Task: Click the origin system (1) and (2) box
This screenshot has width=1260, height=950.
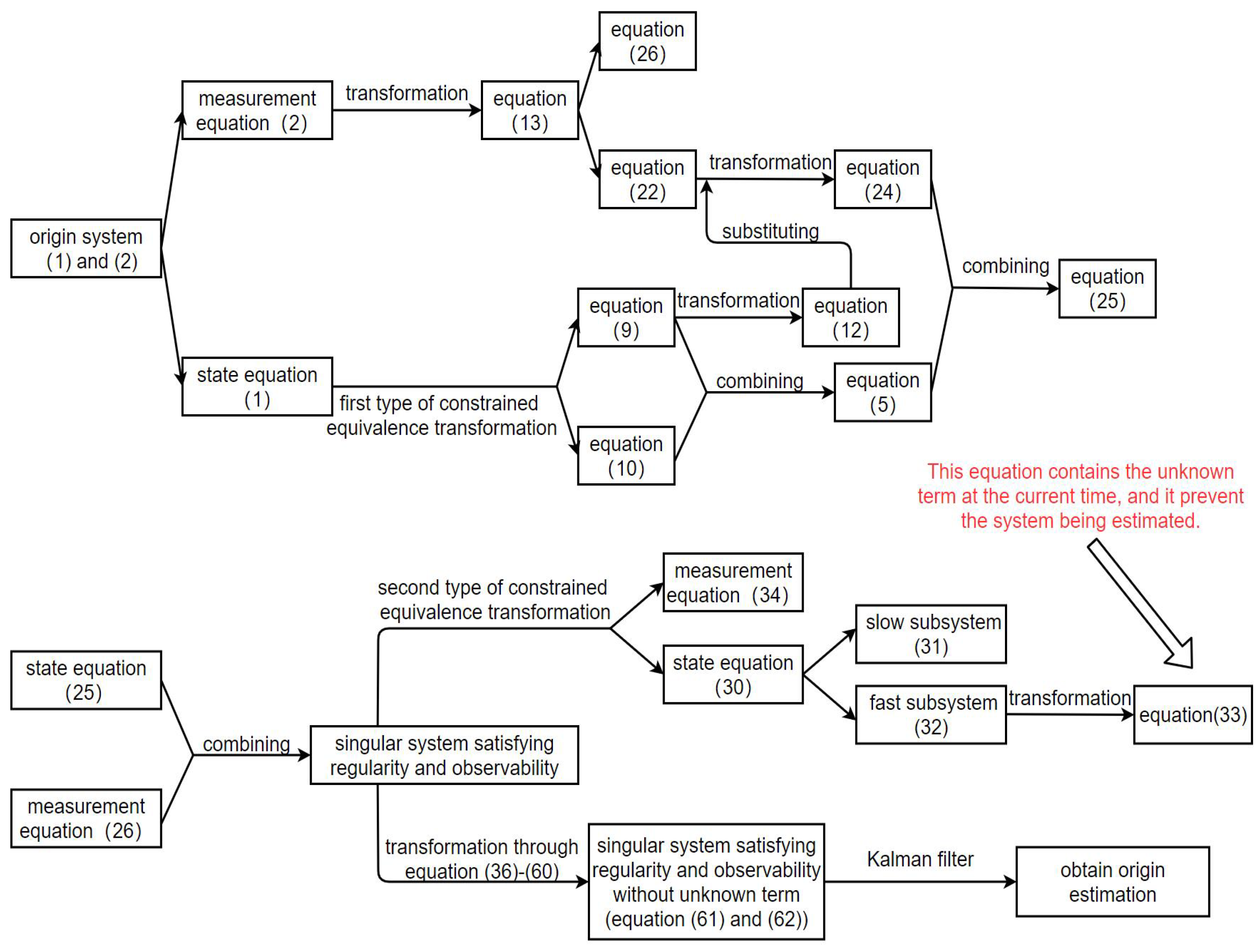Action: [x=86, y=248]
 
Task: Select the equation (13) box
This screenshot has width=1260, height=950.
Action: [x=529, y=110]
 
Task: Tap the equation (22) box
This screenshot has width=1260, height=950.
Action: [x=647, y=179]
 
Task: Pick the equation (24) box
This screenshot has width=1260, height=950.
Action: [x=882, y=179]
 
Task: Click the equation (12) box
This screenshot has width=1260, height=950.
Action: [x=850, y=317]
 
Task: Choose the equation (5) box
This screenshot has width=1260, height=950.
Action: [x=882, y=392]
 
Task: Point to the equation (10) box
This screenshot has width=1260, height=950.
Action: [x=626, y=456]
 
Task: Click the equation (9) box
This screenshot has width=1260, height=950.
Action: [x=626, y=317]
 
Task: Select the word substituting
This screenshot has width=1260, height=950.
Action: [x=770, y=231]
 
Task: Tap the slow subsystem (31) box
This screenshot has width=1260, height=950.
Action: [x=931, y=634]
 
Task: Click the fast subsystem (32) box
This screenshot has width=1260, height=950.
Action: [x=931, y=714]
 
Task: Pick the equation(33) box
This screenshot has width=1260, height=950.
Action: [x=1192, y=715]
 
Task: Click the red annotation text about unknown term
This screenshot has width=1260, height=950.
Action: [x=1080, y=496]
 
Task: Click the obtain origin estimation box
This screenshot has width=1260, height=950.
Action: [x=1112, y=881]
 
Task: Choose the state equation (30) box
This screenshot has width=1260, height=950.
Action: [x=732, y=675]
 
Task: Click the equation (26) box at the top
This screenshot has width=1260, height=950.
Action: [x=647, y=41]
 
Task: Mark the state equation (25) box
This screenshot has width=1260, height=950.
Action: [x=86, y=680]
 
